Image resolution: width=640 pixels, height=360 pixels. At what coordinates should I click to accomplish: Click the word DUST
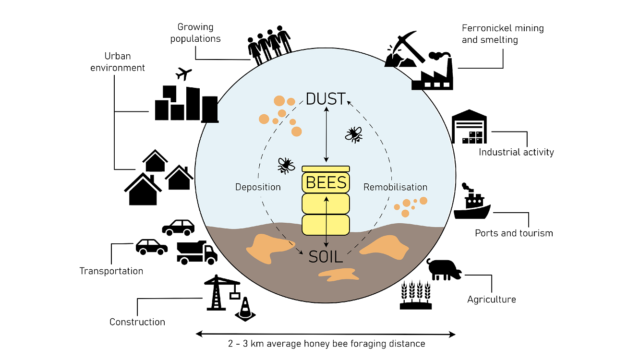pos(326,99)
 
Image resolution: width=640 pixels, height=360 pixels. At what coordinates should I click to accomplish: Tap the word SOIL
pos(326,257)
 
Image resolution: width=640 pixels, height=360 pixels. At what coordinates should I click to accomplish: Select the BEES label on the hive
pos(326,183)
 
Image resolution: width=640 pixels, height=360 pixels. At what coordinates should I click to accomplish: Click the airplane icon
pos(183,74)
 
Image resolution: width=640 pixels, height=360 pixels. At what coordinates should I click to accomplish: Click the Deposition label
pos(258,187)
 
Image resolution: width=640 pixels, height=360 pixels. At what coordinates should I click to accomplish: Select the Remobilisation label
pos(395,187)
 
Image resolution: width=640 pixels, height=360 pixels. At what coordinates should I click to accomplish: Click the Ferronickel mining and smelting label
pos(502,34)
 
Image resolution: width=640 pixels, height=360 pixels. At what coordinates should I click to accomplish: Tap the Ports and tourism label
pos(514,233)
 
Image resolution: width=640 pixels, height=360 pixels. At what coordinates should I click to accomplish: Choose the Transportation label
pos(111,271)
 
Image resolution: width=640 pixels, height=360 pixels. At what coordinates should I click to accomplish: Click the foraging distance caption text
pos(326,344)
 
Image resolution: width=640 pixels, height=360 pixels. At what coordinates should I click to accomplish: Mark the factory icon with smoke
pos(433,72)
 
